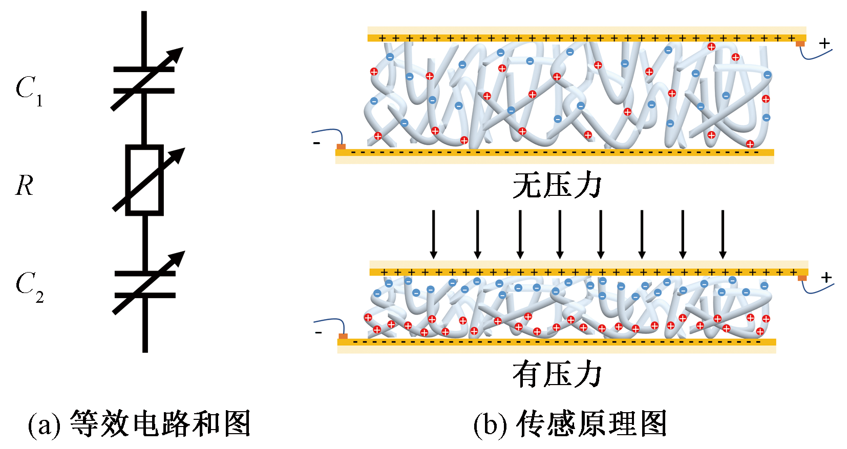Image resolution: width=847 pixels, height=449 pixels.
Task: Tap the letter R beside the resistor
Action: [x=24, y=186]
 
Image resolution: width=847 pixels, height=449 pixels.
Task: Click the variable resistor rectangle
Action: [x=144, y=180]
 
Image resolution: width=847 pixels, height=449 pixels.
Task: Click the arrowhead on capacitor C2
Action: [x=178, y=258]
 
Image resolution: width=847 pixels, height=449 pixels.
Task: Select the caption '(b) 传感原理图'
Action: [x=570, y=423]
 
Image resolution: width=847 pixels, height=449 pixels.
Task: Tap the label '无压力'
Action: [x=557, y=185]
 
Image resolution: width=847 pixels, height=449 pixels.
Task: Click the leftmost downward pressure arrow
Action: [x=434, y=234]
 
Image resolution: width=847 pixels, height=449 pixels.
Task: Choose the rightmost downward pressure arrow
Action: [x=723, y=234]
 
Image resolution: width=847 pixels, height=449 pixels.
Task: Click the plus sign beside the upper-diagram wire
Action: [x=824, y=43]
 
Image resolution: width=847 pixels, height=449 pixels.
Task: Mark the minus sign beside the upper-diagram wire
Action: [x=316, y=143]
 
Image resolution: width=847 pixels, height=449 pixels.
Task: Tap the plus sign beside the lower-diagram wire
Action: [x=826, y=278]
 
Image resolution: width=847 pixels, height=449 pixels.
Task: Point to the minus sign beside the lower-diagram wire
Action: [x=319, y=332]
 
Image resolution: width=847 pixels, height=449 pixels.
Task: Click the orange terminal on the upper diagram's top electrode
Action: [x=800, y=44]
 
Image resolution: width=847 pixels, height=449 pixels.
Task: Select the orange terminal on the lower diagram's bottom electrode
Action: [x=343, y=336]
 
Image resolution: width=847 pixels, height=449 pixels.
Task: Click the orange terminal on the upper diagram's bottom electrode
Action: [x=341, y=147]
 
